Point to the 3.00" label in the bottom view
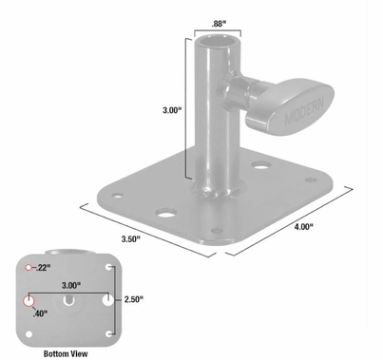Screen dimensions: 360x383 tap(69, 284)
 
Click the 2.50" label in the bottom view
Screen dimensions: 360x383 tap(134, 299)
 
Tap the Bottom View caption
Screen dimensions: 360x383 tap(67, 352)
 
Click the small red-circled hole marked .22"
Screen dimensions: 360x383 tap(29, 267)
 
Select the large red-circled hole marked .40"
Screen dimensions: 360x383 tap(27, 300)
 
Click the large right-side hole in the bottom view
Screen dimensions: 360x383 tap(110, 300)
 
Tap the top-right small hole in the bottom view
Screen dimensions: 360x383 tap(112, 269)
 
